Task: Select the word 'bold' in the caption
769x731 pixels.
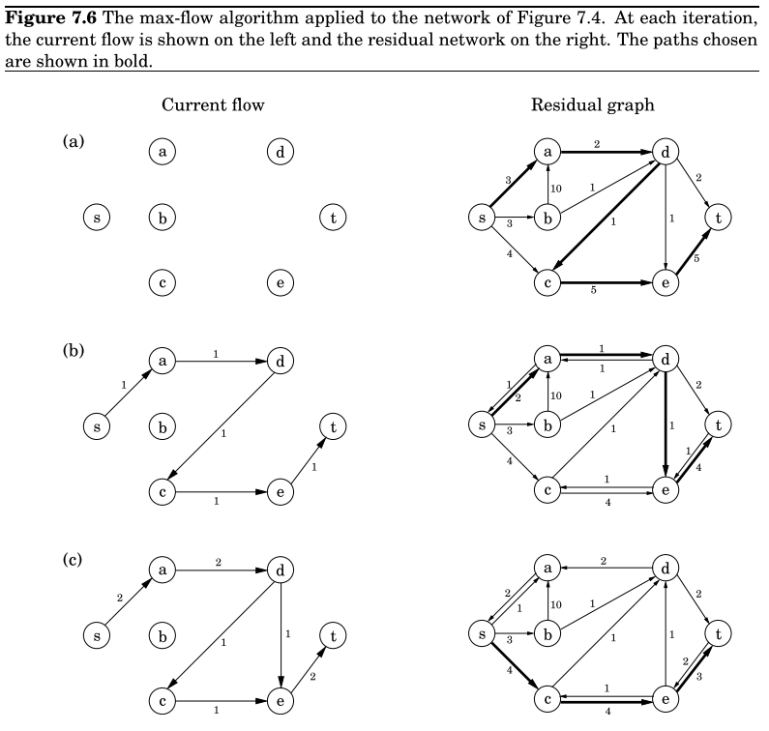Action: point(137,60)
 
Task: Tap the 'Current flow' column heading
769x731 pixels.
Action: point(213,104)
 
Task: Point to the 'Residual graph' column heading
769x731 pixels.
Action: point(592,104)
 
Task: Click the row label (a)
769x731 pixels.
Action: point(74,142)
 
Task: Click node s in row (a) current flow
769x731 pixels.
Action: point(96,218)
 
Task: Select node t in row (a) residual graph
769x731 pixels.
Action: point(718,218)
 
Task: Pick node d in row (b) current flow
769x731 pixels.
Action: point(280,362)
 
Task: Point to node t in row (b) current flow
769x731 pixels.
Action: point(333,426)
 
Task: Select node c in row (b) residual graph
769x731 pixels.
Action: point(547,491)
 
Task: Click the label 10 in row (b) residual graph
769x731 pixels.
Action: point(556,395)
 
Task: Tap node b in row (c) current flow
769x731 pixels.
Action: point(163,636)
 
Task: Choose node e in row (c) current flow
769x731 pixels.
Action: point(280,700)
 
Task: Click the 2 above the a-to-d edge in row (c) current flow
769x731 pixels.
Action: point(219,561)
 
